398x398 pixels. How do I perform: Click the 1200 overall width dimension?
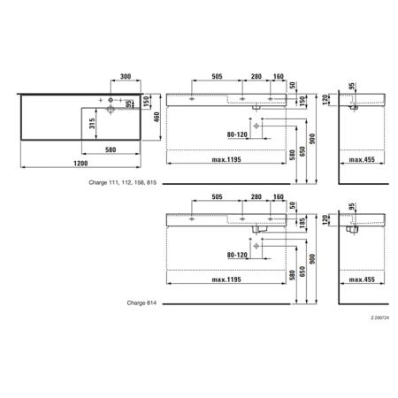pyautogui.click(x=80, y=163)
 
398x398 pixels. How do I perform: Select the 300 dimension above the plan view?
pyautogui.click(x=126, y=76)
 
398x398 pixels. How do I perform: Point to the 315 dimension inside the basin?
pyautogui.click(x=92, y=124)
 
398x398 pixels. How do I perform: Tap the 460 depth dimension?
pyautogui.click(x=157, y=117)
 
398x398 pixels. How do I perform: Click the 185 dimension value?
pyautogui.click(x=302, y=223)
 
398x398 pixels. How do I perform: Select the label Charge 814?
pyautogui.click(x=142, y=302)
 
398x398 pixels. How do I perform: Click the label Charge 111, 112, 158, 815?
pyautogui.click(x=122, y=182)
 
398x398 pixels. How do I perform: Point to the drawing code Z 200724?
pyautogui.click(x=380, y=318)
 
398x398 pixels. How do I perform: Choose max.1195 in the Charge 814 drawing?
pyautogui.click(x=226, y=279)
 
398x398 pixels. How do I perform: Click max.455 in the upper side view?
pyautogui.click(x=362, y=159)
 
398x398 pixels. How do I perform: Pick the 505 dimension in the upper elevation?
pyautogui.click(x=217, y=76)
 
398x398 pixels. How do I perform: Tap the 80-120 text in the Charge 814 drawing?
pyautogui.click(x=237, y=255)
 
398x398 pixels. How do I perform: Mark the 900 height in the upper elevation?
pyautogui.click(x=312, y=139)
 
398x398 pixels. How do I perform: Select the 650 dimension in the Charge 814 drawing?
pyautogui.click(x=302, y=272)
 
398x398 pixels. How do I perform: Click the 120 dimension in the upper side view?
pyautogui.click(x=325, y=99)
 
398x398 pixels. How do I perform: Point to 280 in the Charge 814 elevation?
pyautogui.click(x=256, y=196)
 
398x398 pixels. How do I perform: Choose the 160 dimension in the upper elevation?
pyautogui.click(x=278, y=76)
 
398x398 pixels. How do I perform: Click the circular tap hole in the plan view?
pyautogui.click(x=111, y=100)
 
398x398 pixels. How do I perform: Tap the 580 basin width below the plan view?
pyautogui.click(x=111, y=149)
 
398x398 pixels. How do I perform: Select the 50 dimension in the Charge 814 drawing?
pyautogui.click(x=292, y=205)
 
